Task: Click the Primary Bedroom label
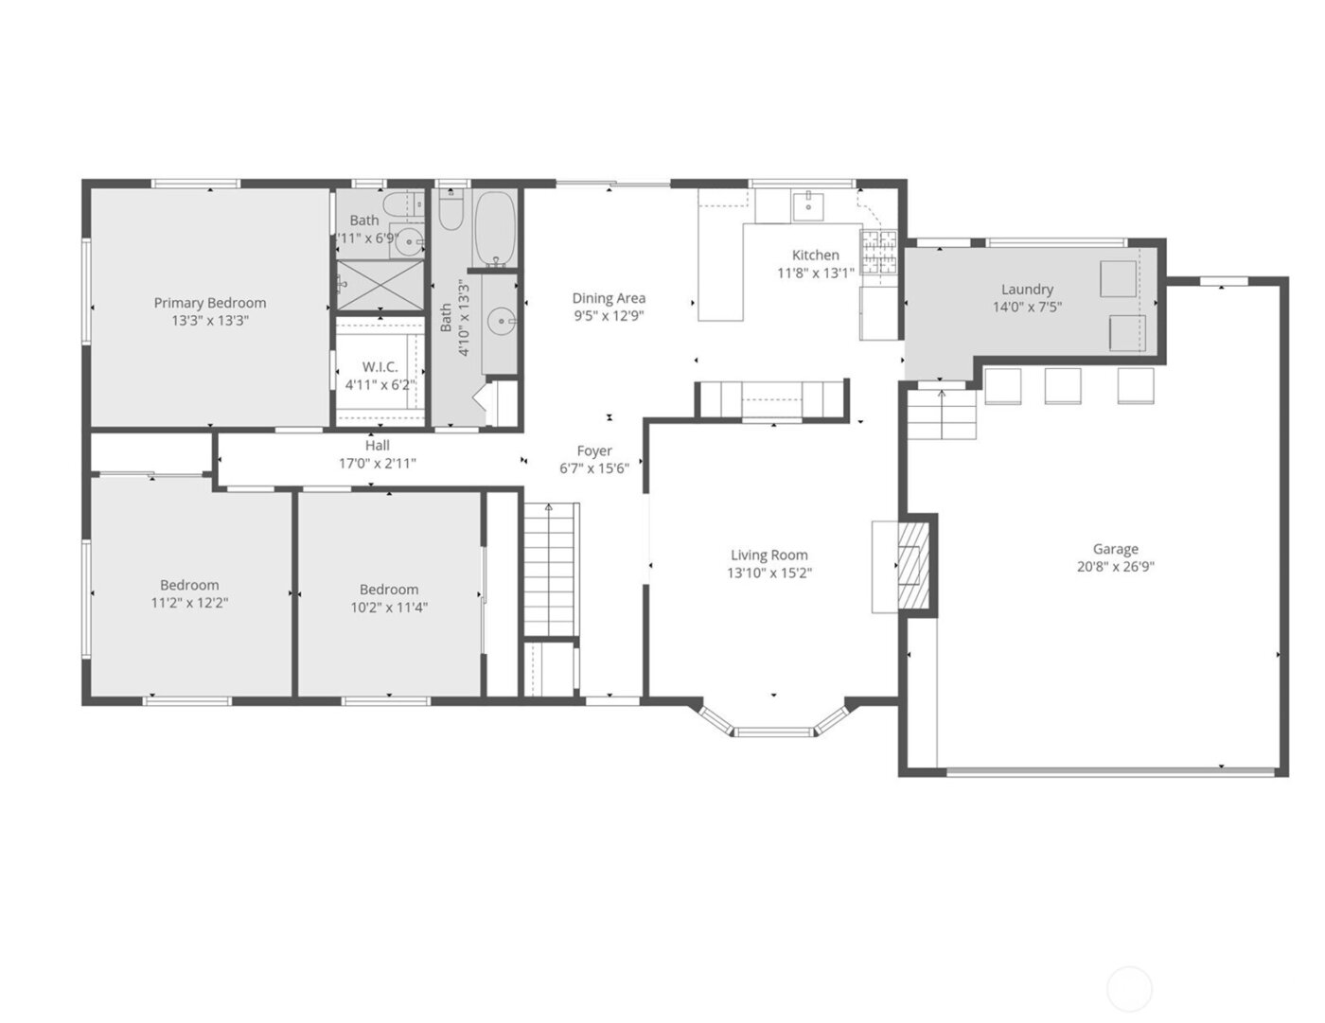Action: pos(209,303)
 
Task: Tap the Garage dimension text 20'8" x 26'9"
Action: pos(1115,567)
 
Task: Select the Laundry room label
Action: pos(1027,290)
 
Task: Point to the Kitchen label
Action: pos(815,255)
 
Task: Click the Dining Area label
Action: pos(609,298)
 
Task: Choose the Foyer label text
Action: pos(594,451)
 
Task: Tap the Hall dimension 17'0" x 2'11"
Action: pos(377,464)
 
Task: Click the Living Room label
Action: pos(768,556)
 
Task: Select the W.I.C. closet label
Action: pos(380,367)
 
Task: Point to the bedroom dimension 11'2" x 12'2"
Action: pos(189,603)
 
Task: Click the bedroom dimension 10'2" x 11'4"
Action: pos(388,607)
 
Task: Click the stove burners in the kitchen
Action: pos(877,253)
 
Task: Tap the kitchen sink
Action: pos(808,203)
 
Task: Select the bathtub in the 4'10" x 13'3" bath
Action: pos(493,228)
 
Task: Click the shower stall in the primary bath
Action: pos(380,283)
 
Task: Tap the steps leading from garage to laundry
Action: pos(942,414)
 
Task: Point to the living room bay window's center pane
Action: pos(774,731)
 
